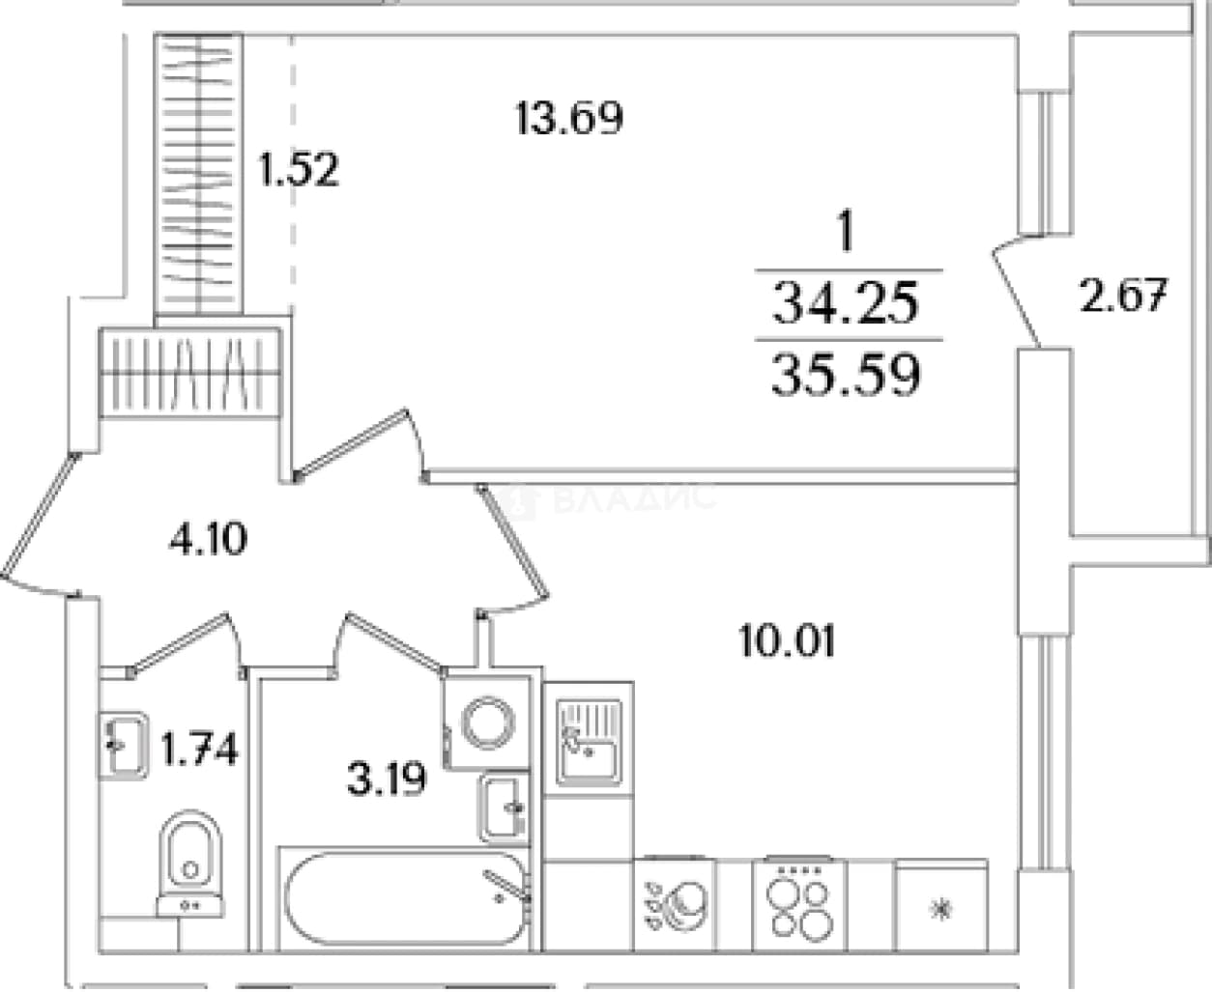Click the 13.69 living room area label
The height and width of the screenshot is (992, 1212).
click(x=569, y=118)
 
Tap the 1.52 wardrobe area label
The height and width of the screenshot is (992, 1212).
click(x=300, y=170)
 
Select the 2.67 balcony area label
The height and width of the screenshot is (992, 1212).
click(x=1124, y=296)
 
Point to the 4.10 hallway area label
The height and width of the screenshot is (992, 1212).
click(x=208, y=538)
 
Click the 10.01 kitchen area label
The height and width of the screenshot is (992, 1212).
click(x=787, y=640)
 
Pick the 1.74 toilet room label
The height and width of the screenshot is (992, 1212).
click(x=199, y=750)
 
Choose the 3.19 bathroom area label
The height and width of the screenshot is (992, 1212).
click(x=387, y=779)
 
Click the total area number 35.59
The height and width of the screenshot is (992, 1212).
click(x=846, y=375)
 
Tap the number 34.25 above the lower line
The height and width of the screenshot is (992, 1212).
click(x=846, y=304)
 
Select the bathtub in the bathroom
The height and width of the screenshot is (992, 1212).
click(x=406, y=899)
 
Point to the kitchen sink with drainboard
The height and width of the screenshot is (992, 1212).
click(x=589, y=743)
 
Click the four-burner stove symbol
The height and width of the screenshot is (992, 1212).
click(x=800, y=906)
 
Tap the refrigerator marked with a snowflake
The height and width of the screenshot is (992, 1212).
click(x=942, y=906)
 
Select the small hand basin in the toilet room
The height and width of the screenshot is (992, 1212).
click(x=124, y=746)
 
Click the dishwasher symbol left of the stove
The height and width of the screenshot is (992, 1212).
click(x=675, y=906)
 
